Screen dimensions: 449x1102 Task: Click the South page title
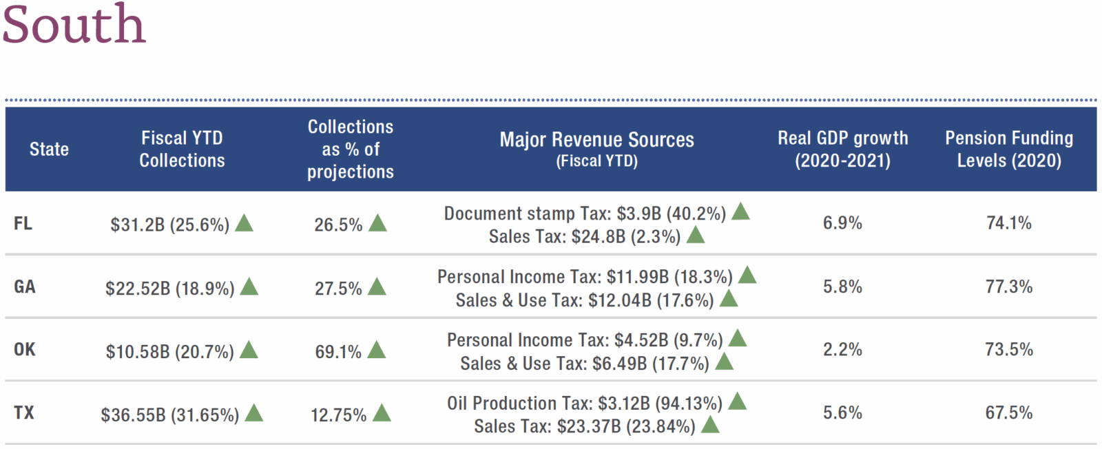(74, 25)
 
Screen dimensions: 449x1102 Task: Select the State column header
(49, 149)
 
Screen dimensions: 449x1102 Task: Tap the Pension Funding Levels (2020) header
(1009, 149)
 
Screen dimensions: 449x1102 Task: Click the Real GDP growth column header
(842, 149)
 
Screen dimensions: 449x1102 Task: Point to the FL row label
(23, 224)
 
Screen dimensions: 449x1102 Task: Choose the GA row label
(24, 286)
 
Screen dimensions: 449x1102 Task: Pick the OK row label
(24, 350)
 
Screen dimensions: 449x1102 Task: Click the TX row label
(24, 413)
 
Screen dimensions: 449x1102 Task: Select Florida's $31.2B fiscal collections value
(169, 224)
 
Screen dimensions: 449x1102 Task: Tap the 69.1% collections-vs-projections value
(338, 352)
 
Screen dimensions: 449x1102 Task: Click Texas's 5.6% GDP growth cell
(842, 413)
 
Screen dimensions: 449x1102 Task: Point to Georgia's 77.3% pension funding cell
(1009, 286)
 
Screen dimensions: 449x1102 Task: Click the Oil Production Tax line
(585, 403)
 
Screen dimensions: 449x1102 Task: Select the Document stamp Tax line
(585, 213)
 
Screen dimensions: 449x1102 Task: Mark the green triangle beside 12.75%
(382, 413)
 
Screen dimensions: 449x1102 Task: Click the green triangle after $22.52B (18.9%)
(249, 286)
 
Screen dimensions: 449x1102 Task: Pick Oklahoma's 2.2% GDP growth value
(842, 350)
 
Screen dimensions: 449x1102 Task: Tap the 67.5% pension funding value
(1009, 413)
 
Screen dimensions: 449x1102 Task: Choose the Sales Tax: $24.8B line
(585, 237)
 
